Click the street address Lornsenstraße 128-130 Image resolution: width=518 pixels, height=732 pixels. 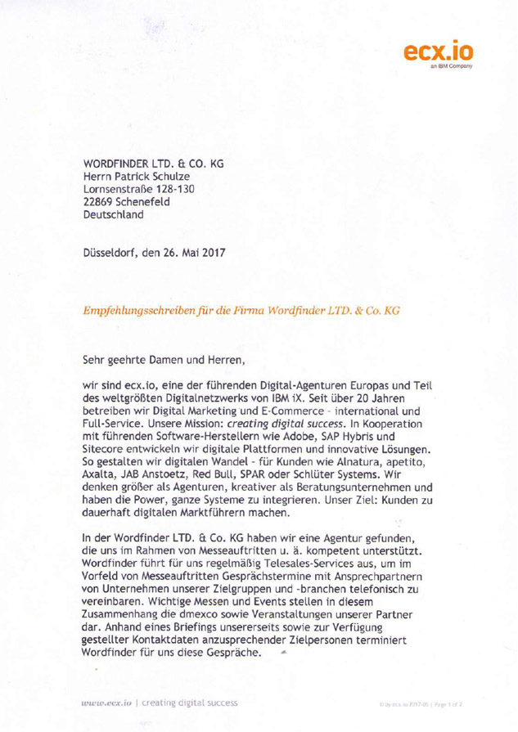145,191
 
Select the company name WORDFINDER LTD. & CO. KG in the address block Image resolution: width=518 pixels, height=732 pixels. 153,163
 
